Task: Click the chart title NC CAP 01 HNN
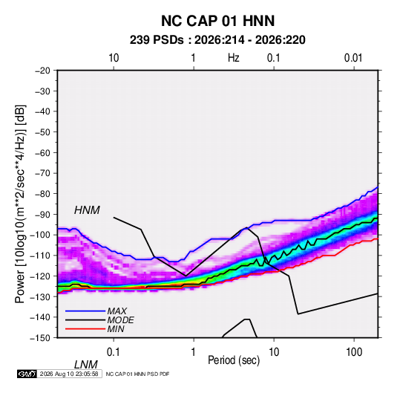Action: (x=217, y=21)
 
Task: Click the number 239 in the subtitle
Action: (x=139, y=40)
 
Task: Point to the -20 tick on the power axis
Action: (x=42, y=71)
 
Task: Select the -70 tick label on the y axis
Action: (x=42, y=173)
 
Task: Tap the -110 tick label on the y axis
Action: (x=40, y=256)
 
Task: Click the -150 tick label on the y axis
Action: (x=40, y=338)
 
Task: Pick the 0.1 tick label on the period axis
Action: (x=114, y=351)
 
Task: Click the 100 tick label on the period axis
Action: (x=354, y=351)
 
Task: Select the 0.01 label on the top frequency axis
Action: (x=353, y=58)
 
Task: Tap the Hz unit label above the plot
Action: (x=234, y=58)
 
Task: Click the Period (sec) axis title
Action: (x=234, y=360)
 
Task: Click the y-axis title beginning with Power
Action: (x=20, y=204)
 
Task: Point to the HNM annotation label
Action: (x=87, y=210)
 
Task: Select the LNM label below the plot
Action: (x=85, y=365)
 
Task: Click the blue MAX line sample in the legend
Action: (x=85, y=311)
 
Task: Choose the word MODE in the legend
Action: (x=120, y=320)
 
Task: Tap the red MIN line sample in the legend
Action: (x=85, y=329)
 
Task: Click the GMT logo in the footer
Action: (x=27, y=374)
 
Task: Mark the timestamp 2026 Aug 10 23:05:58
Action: (x=69, y=374)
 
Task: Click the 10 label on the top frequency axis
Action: (x=114, y=58)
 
